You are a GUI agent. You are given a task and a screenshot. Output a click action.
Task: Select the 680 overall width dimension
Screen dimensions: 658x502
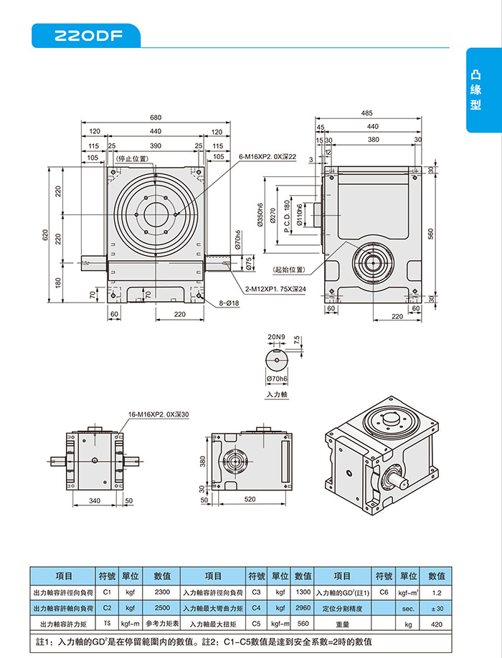(x=156, y=118)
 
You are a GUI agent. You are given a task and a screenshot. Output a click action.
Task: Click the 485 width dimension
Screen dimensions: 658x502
(x=367, y=113)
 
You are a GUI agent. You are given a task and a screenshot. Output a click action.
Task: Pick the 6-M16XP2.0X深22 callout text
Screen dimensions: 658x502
(x=267, y=156)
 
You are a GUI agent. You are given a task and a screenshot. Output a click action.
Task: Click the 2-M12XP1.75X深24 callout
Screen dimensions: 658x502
(x=275, y=289)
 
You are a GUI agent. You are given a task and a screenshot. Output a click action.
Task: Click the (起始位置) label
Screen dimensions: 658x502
(x=289, y=270)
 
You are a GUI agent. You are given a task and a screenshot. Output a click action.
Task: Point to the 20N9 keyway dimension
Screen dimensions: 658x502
(x=277, y=336)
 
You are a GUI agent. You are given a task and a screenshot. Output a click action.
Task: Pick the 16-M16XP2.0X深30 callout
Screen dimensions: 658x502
(x=158, y=414)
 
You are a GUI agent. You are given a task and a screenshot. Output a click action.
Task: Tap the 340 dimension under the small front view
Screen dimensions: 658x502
(x=95, y=501)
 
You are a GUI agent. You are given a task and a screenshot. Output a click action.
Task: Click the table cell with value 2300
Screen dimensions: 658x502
(x=162, y=593)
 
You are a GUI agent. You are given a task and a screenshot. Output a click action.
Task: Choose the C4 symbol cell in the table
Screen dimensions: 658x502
(x=256, y=609)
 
